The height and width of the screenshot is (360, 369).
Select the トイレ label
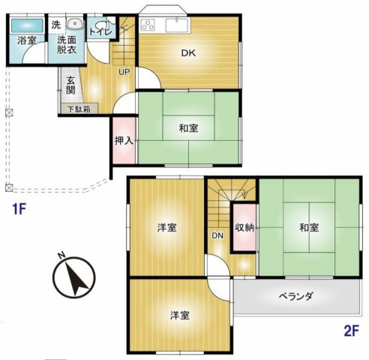pos(100,31)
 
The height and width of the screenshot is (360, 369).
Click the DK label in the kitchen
pos(187,52)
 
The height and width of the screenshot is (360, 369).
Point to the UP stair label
pos(124,72)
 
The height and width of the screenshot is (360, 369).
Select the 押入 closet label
pos(123,140)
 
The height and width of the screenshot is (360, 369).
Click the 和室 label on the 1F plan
pos(189,128)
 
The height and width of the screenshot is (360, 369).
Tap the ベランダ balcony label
pos(298,295)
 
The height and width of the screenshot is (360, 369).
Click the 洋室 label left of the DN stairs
pos(167,228)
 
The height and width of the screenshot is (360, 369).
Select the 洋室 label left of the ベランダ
pos(178,316)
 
